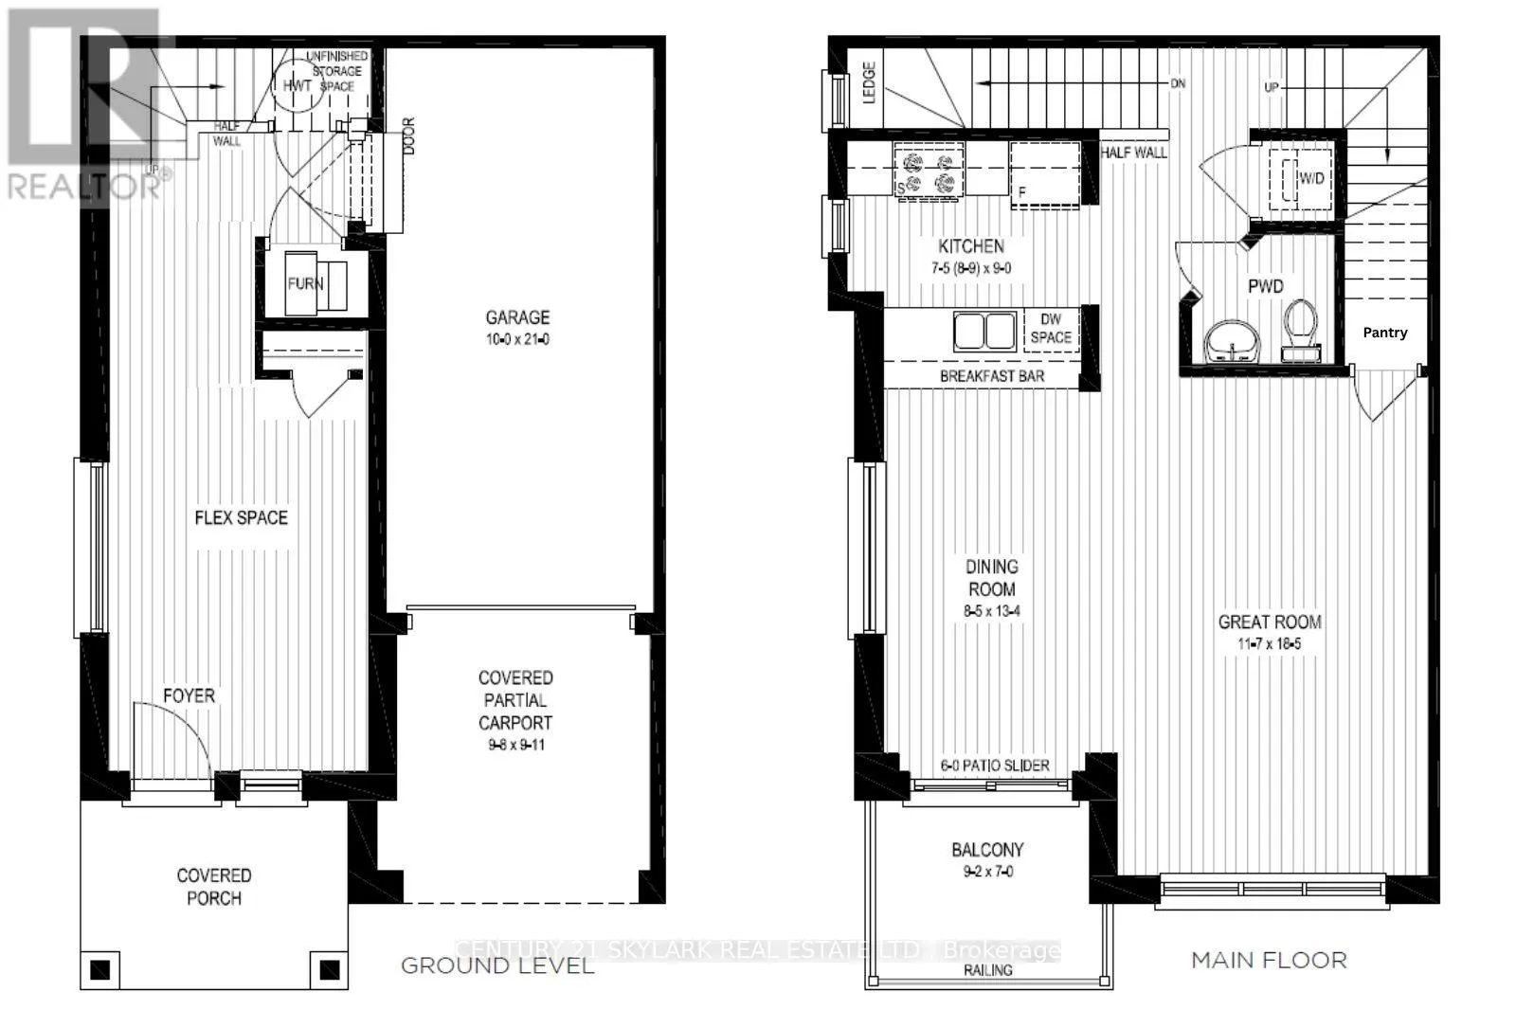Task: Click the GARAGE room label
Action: [517, 318]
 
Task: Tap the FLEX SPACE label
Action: [241, 518]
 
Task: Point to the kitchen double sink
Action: [984, 332]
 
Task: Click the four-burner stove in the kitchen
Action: [929, 171]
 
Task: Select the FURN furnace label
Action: [305, 283]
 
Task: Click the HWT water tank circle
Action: [297, 85]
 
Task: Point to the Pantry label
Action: [1384, 333]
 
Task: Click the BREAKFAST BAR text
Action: [991, 376]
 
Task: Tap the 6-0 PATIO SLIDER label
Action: [994, 766]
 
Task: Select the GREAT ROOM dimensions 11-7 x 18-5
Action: [1270, 644]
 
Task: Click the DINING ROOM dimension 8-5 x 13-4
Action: [991, 612]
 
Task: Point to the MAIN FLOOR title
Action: [1268, 960]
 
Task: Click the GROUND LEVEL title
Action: [496, 965]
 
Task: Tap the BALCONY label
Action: [987, 850]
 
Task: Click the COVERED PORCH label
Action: [214, 887]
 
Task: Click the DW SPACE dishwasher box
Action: [1050, 329]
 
